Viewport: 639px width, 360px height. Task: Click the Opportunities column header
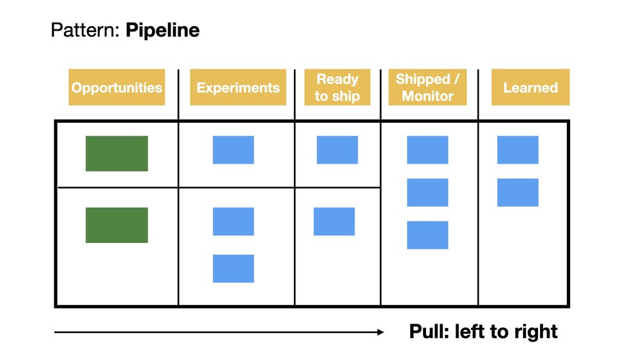coord(116,88)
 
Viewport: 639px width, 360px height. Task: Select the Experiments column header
coord(238,88)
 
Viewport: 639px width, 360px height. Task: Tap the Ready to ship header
coord(337,88)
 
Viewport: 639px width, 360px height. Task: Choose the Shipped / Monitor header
coord(427,88)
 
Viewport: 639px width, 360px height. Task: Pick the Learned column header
coord(530,88)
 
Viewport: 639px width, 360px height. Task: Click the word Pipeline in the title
coord(162,30)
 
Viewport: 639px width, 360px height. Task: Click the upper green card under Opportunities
coord(117,153)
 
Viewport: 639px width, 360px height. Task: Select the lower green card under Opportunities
coord(117,225)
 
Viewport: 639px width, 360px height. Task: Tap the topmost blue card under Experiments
coord(233,150)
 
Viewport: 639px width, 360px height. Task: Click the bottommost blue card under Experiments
coord(233,269)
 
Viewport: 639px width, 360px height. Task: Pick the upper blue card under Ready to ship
coord(337,150)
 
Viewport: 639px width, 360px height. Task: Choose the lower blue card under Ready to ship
coord(334,221)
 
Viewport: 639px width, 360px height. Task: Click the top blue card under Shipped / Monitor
coord(427,150)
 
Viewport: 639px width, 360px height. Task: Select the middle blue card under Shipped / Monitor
coord(427,192)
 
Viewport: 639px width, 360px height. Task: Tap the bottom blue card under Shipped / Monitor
coord(427,235)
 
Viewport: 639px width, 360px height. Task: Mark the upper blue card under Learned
coord(518,150)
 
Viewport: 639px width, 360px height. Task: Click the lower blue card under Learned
coord(518,192)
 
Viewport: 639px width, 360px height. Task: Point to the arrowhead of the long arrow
coord(381,332)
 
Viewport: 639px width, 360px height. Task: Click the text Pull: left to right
coord(483,331)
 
